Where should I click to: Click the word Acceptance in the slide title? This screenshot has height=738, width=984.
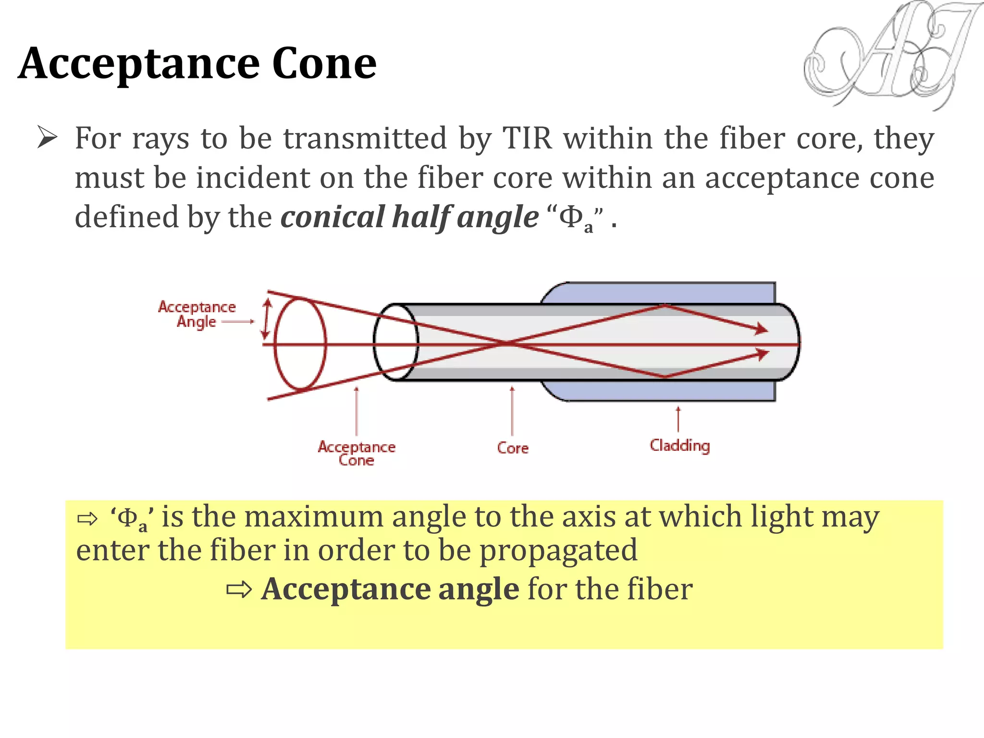[139, 65]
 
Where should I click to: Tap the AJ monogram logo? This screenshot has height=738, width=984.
[889, 55]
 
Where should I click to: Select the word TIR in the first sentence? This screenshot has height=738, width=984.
[527, 138]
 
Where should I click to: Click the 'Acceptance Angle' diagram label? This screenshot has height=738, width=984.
[197, 314]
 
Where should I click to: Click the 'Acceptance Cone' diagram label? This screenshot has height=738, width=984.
[357, 453]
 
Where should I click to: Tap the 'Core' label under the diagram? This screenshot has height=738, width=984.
[513, 448]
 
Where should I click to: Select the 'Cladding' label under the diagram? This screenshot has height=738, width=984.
[679, 445]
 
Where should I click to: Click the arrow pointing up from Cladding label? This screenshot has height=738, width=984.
[678, 419]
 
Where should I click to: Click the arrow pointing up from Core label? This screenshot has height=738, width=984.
[512, 411]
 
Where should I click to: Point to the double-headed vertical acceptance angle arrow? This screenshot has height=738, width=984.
[266, 318]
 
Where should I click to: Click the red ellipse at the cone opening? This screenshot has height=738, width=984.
[300, 343]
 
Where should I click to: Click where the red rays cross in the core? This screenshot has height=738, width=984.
[507, 343]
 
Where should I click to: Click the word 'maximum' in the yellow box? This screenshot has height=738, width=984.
[314, 517]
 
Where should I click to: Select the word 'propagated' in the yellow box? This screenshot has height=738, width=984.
[558, 551]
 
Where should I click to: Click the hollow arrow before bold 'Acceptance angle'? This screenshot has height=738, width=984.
[239, 590]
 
